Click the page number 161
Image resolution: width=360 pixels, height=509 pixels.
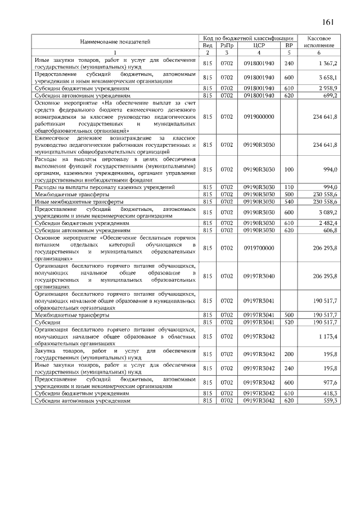(328, 22)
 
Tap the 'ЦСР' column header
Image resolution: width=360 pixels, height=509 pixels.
(259, 45)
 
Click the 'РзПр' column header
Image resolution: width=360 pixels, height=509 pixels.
(227, 45)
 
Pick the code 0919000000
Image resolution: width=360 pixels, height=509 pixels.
(259, 116)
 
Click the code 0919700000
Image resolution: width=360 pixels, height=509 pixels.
(259, 247)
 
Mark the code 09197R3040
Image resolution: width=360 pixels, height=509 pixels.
(259, 276)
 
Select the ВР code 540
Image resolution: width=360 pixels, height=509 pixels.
(289, 201)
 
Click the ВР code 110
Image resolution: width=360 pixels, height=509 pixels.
(289, 187)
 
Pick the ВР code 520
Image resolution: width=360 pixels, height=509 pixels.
(289, 322)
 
